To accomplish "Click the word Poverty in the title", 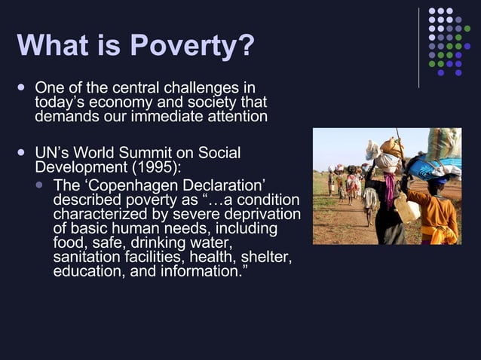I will [x=193, y=46].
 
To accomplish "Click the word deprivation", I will [x=262, y=215].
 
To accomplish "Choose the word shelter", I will [x=268, y=257].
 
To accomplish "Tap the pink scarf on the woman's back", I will [x=389, y=188].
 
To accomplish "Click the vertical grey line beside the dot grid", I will [x=418, y=47].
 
